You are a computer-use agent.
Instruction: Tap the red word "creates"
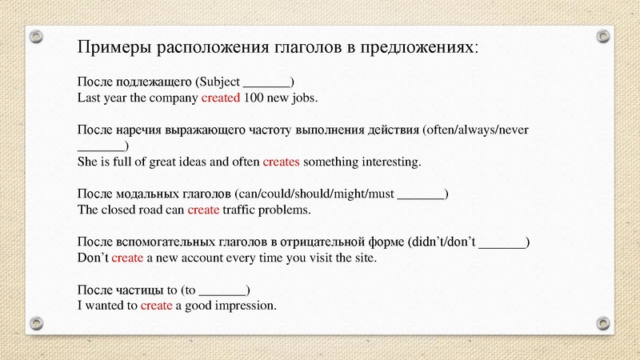[x=281, y=162]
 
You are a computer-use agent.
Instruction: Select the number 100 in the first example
[x=254, y=98]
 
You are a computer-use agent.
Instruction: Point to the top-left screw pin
[x=36, y=35]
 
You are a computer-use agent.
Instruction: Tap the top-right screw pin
[x=603, y=35]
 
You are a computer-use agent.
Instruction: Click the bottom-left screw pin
[x=36, y=322]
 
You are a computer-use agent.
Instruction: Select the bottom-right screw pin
[x=603, y=322]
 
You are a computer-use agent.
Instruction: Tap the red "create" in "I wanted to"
[x=156, y=306]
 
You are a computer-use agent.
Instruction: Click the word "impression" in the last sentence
[x=246, y=306]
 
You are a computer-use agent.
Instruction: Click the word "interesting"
[x=390, y=162]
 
